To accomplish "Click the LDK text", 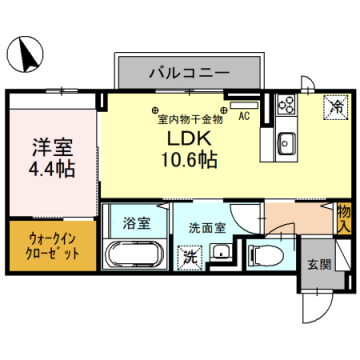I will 182,137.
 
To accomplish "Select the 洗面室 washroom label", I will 207,227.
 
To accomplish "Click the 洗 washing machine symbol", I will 190,257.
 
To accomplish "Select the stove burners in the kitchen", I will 286,106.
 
